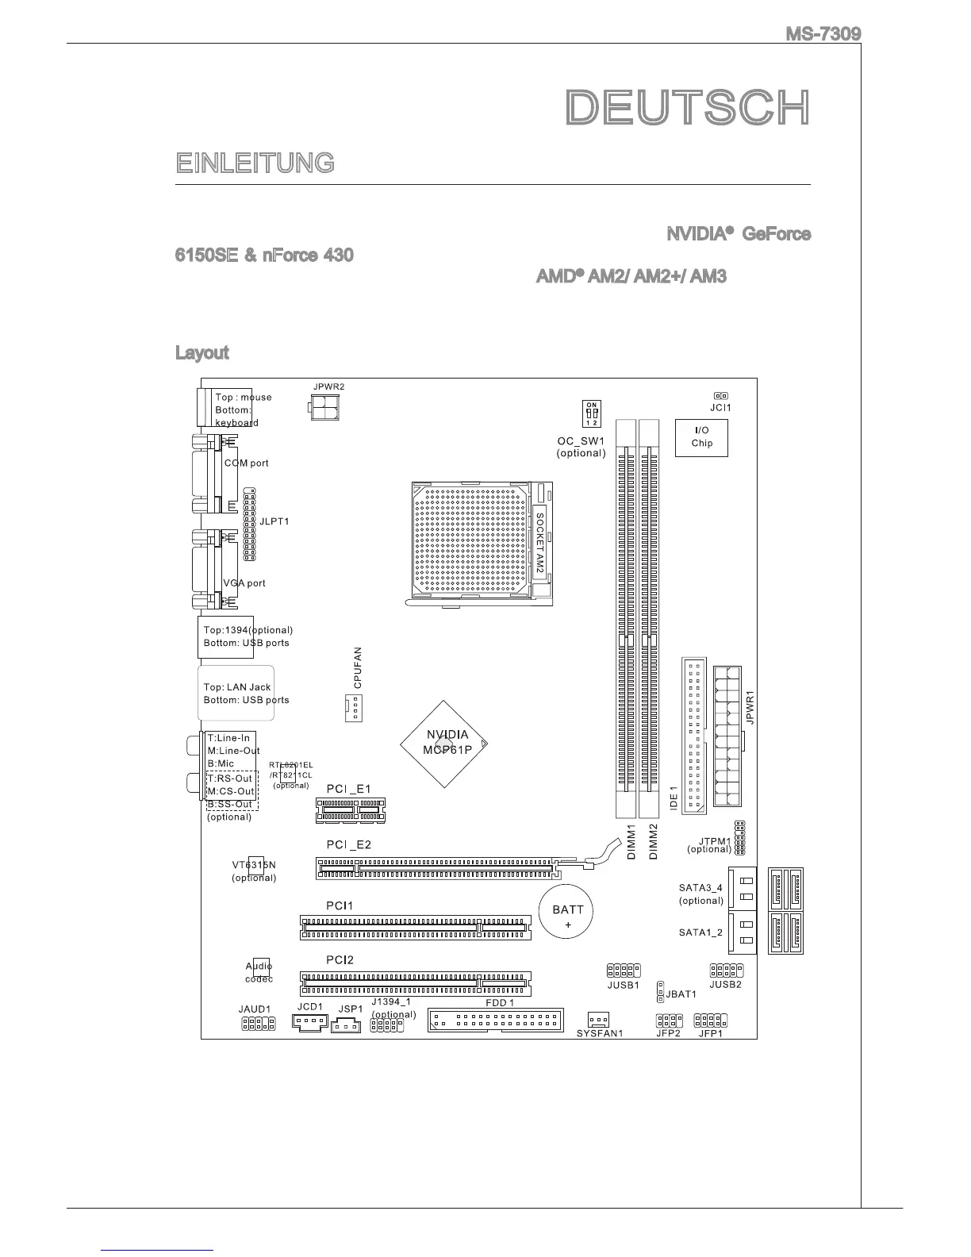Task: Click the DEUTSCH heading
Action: (688, 108)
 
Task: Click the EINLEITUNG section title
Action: (255, 163)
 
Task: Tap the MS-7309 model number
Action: (823, 34)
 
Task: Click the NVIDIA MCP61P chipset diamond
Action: (445, 743)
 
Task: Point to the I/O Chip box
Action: (701, 437)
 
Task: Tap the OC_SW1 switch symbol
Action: (592, 413)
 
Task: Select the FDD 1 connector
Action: (496, 1019)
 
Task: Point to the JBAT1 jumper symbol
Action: (660, 992)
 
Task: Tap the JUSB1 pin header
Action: (624, 971)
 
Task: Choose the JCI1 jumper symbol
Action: (720, 395)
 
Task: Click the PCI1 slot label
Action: (340, 905)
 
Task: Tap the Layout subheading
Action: (201, 352)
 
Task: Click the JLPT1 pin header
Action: (249, 525)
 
